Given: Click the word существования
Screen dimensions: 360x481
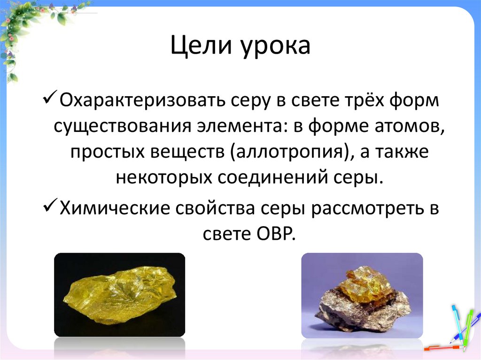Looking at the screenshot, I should point(113,127).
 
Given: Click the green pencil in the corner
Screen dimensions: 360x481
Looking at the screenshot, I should point(467,329).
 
